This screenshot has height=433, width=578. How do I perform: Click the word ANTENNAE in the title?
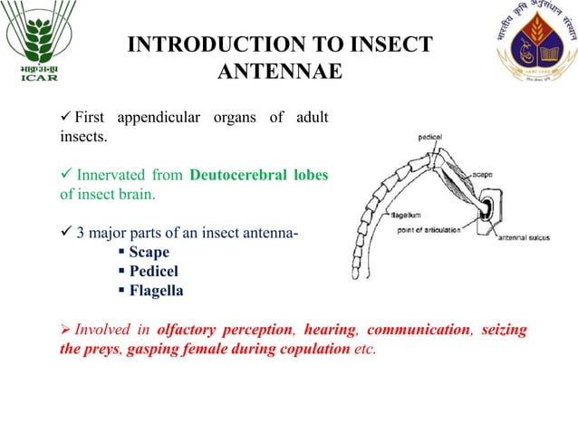280,71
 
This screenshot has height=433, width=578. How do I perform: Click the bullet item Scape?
149,252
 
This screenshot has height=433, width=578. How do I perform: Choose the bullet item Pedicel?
153,272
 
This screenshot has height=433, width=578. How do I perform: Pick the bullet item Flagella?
157,292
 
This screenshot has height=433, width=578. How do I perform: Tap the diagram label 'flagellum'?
385,216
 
